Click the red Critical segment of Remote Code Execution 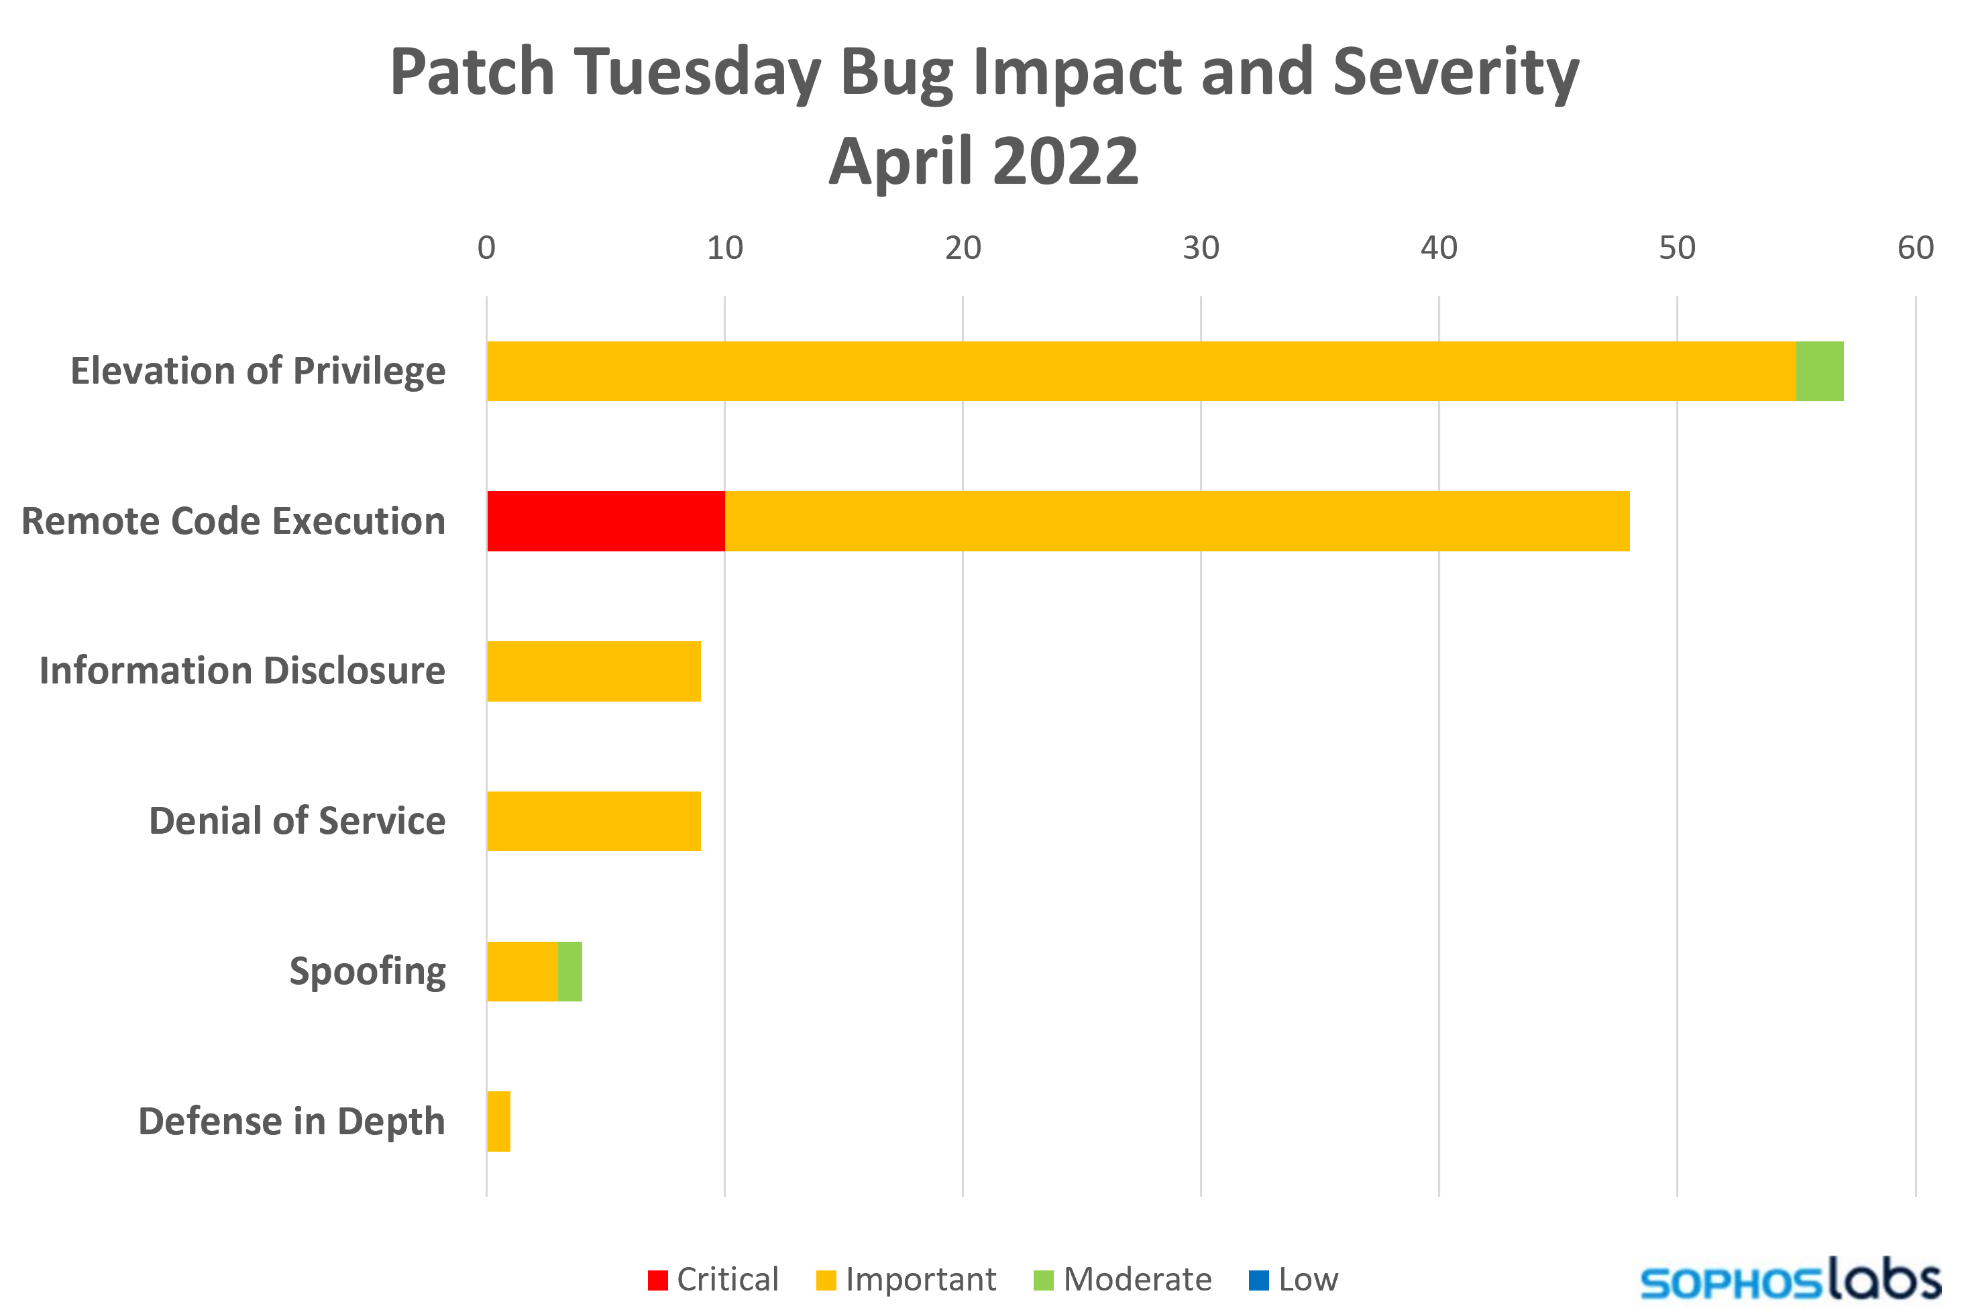point(605,521)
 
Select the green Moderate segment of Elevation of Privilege point(1820,371)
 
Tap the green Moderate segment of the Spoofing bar point(570,971)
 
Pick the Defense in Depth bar point(498,1122)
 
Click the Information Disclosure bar point(593,671)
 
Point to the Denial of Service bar point(593,821)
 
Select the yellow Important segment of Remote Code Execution point(1177,521)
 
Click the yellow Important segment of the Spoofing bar point(522,971)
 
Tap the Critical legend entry point(713,1279)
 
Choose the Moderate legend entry point(1122,1279)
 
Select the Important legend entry point(906,1279)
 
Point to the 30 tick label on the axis point(1201,248)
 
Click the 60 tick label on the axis point(1915,248)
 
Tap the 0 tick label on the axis point(486,248)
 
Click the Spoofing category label point(368,971)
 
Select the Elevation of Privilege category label point(258,371)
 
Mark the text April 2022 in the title point(983,161)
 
